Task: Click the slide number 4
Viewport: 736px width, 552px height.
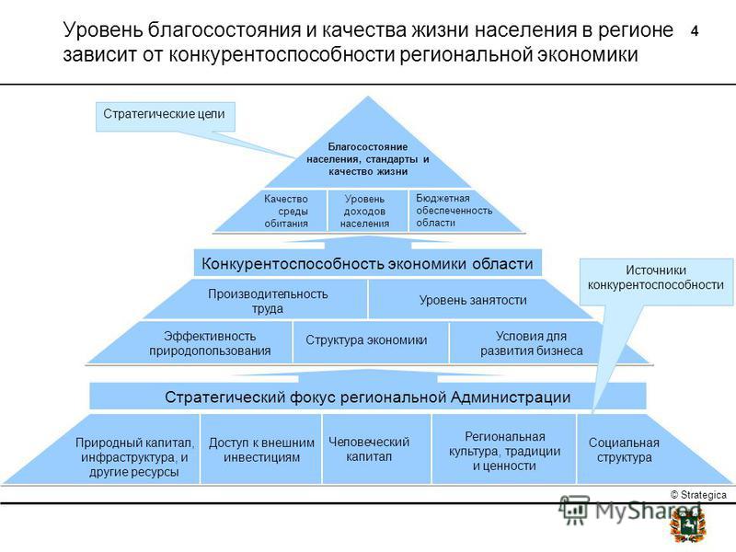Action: click(x=695, y=31)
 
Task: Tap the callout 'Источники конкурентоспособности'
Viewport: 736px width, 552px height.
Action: click(x=656, y=282)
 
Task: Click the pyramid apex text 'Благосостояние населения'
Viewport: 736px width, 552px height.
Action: click(x=367, y=159)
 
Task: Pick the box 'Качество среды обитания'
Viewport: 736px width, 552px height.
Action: click(x=286, y=211)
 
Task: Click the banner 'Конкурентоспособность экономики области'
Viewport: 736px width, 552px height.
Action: click(x=367, y=263)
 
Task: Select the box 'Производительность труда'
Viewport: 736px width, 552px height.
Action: click(x=268, y=301)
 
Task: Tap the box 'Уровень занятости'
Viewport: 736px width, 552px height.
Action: click(x=473, y=300)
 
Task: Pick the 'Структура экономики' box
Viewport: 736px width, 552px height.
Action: click(x=366, y=339)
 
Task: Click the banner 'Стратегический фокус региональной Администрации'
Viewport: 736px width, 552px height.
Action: click(x=367, y=397)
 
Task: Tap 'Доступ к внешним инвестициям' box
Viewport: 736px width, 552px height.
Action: click(x=261, y=450)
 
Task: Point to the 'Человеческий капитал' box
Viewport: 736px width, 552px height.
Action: click(x=369, y=449)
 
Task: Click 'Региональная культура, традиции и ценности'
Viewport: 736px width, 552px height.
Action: click(x=504, y=451)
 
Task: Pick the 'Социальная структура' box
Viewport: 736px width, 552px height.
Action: click(x=625, y=450)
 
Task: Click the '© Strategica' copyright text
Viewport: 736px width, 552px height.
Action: click(x=698, y=495)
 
